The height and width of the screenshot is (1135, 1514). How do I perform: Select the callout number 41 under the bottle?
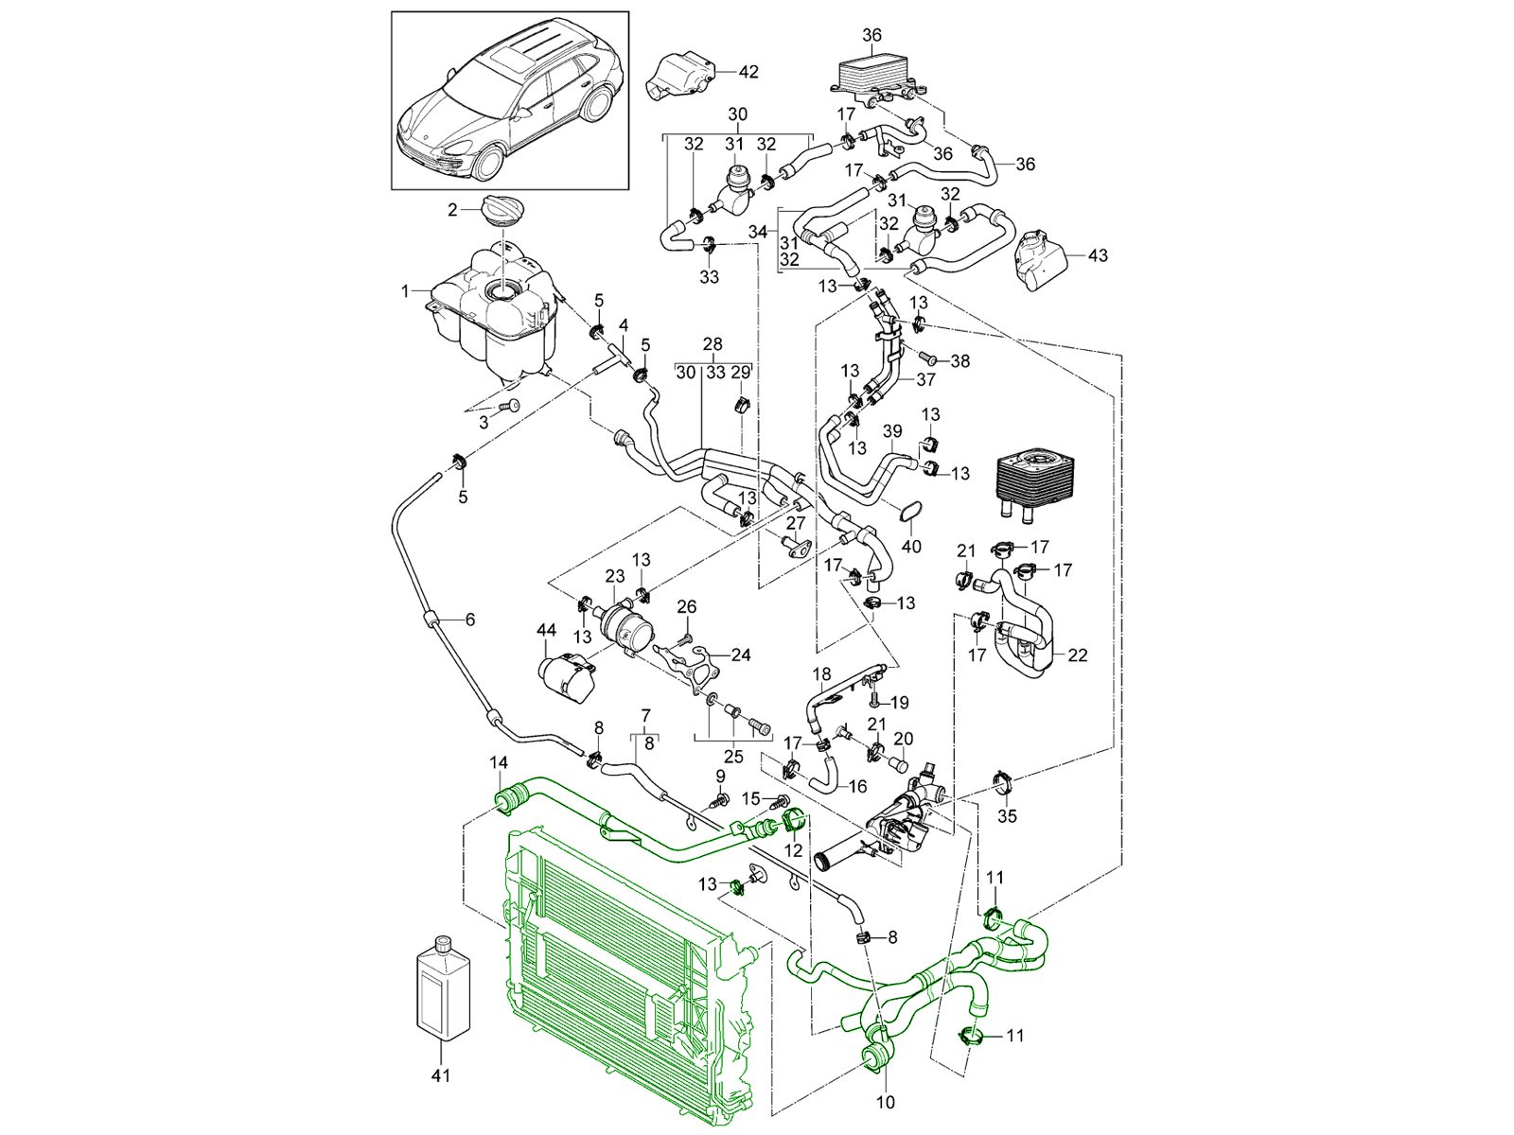coord(441,1075)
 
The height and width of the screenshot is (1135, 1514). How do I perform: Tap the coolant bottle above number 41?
coord(443,988)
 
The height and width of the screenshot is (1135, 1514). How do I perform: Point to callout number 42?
coord(748,71)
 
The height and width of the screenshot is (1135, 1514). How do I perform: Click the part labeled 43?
coord(1038,258)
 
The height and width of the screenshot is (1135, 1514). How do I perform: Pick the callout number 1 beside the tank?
coord(405,291)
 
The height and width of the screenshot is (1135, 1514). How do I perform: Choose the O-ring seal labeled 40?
coord(910,514)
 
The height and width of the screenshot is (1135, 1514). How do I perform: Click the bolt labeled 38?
coord(928,359)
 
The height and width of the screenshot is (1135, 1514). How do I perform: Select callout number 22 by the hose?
coord(1077,655)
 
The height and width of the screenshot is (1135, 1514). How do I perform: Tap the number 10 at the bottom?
coord(886,1102)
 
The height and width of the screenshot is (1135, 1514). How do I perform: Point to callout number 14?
coord(499,762)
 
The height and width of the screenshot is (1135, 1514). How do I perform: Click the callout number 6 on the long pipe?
coord(469,620)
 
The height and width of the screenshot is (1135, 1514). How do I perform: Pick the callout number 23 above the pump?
coord(615,575)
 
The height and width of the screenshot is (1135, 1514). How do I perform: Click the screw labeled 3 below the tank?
coord(514,405)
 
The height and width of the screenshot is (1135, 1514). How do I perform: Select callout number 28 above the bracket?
coord(713,344)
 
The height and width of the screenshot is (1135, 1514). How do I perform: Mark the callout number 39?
coord(892,431)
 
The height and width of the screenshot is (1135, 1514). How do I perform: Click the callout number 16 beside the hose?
coord(857,786)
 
